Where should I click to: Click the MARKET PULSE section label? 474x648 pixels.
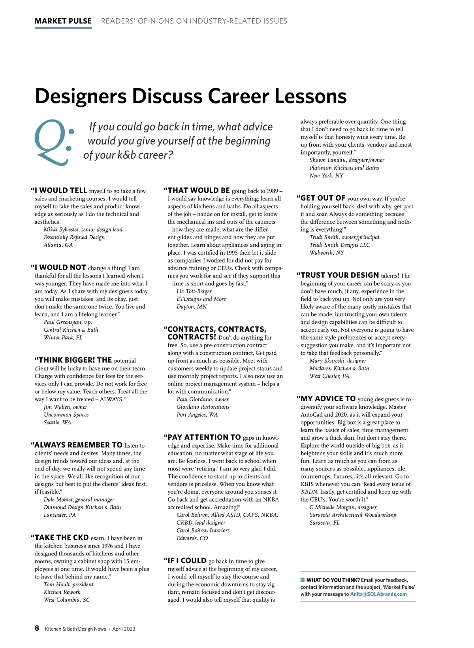pos(63,21)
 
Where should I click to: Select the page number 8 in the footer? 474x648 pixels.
pos(37,628)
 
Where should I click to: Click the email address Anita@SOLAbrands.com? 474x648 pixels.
pos(378,594)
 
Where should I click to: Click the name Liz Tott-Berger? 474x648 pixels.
pos(194,291)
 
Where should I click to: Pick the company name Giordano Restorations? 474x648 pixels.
pos(203,407)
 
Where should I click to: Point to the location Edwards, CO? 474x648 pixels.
pos(192,538)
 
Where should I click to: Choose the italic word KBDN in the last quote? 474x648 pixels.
pos(309,492)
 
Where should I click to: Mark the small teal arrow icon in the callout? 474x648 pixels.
pos(303,580)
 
